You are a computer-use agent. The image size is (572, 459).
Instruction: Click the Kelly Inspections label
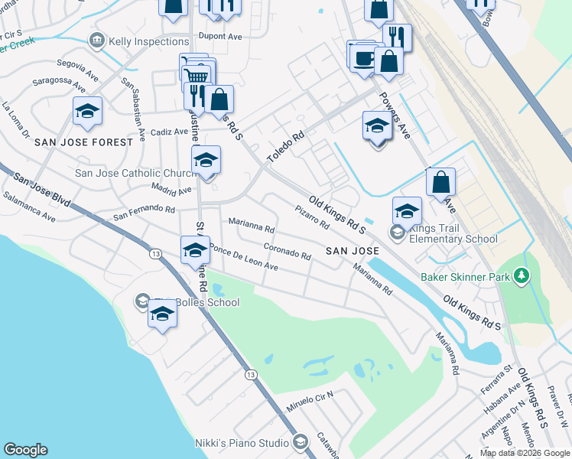148,41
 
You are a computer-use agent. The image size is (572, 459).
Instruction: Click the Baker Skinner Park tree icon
522,275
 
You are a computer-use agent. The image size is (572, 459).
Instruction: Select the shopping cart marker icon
198,74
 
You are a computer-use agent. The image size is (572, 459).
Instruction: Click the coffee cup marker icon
365,57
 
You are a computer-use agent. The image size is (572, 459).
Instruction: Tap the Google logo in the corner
25,450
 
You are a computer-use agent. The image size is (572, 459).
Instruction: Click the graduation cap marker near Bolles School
161,314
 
